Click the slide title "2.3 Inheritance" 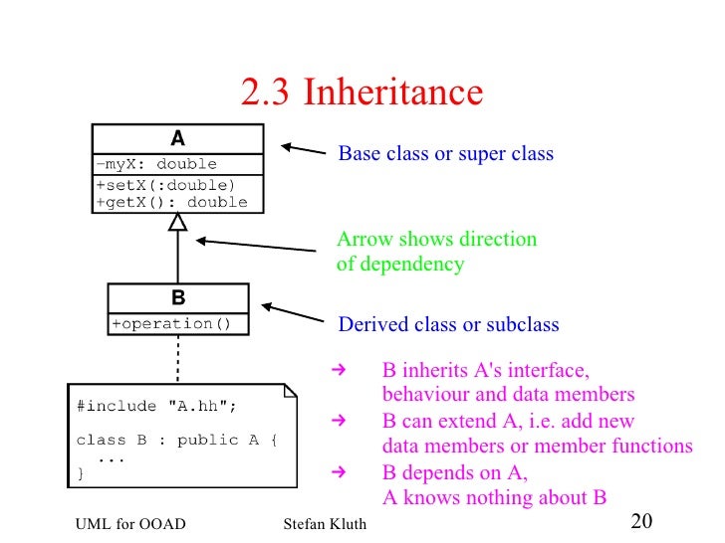click(x=362, y=93)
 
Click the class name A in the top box click(x=177, y=139)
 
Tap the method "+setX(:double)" click(x=165, y=185)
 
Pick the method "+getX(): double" click(x=171, y=202)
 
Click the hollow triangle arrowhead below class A click(x=177, y=223)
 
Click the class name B click(x=177, y=297)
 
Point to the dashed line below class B click(x=177, y=358)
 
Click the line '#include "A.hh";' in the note click(x=156, y=406)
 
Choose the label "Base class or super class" click(x=445, y=154)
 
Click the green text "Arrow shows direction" click(x=436, y=240)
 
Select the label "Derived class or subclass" click(x=448, y=325)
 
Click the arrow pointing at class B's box click(x=292, y=314)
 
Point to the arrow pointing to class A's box click(x=303, y=150)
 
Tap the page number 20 click(x=641, y=522)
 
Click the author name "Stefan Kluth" click(x=319, y=525)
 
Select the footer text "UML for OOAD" click(x=129, y=525)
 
